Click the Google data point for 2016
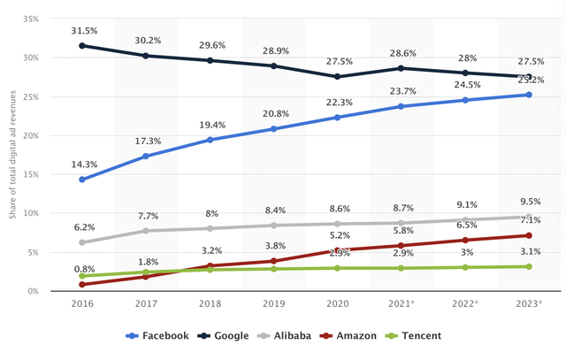[82, 45]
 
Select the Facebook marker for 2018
[210, 140]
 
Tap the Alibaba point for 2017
[146, 231]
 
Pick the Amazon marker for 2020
[337, 250]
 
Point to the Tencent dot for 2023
[529, 266]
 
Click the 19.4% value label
[210, 125]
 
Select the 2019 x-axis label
[273, 303]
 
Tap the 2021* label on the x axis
[402, 303]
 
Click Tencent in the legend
[416, 336]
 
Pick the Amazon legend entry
[350, 336]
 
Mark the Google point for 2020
[337, 76]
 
